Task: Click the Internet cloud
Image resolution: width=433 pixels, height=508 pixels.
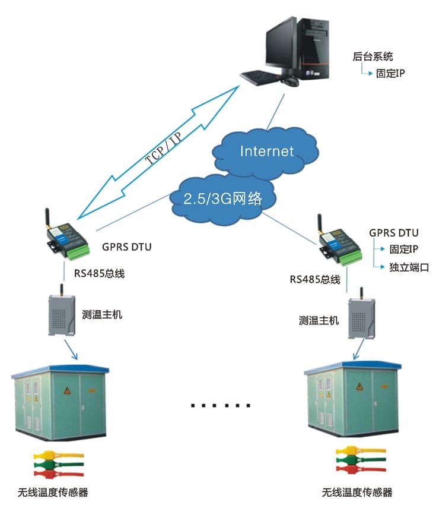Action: point(266,151)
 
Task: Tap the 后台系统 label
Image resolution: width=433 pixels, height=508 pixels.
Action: point(372,57)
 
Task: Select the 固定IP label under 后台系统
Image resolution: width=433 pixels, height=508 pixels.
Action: point(390,74)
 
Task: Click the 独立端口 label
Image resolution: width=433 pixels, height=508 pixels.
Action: point(409,267)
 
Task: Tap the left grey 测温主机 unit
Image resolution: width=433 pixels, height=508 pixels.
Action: point(62,315)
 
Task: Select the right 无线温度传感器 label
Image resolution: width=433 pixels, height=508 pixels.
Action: point(356,493)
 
